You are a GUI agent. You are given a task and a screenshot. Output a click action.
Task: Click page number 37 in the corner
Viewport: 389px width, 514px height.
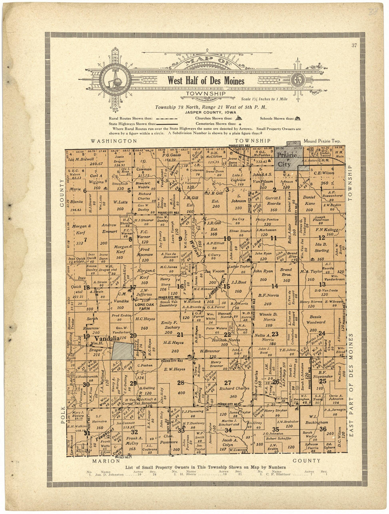tap(354, 45)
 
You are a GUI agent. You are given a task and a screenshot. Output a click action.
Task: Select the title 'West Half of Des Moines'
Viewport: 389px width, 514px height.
tap(206, 81)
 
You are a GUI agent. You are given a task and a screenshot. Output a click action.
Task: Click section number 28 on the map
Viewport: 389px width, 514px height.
tap(181, 382)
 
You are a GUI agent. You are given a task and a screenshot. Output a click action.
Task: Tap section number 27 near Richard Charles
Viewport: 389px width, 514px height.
tap(228, 382)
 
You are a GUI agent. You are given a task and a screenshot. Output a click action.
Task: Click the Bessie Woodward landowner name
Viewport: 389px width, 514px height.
tap(316, 319)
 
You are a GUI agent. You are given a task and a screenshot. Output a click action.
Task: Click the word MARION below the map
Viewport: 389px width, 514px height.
tap(106, 461)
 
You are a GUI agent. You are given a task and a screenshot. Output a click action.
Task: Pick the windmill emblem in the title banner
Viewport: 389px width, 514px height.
tap(115, 81)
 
